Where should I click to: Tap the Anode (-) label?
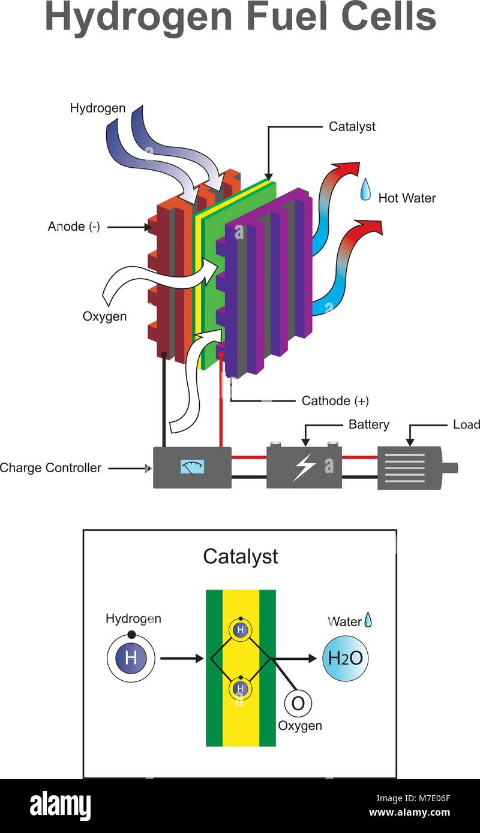(x=74, y=227)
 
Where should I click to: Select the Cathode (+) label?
(x=335, y=401)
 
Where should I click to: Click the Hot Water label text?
(x=407, y=198)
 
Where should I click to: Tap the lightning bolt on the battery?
(x=304, y=467)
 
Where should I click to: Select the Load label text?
(x=466, y=424)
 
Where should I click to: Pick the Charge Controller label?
(x=50, y=468)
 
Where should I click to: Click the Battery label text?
(x=368, y=424)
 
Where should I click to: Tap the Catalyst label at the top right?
(x=352, y=126)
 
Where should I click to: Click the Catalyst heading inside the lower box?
(x=240, y=556)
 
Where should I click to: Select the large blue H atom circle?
(x=131, y=658)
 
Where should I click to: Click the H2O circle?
(x=345, y=658)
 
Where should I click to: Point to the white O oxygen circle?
(x=298, y=702)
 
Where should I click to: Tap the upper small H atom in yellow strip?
(x=241, y=630)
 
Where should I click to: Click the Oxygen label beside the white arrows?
(x=104, y=316)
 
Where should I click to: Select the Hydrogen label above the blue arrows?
(x=98, y=108)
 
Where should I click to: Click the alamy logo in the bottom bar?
(x=60, y=806)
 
